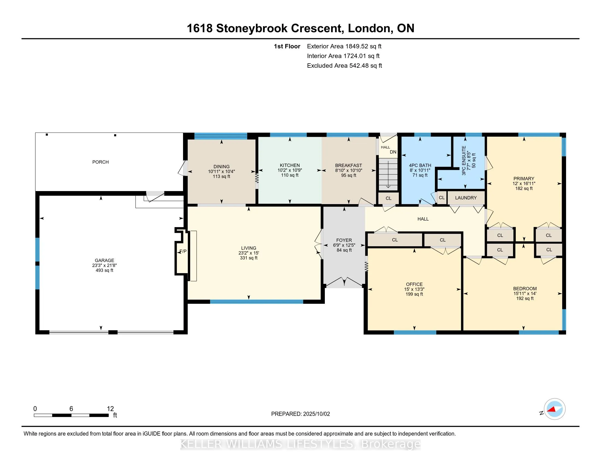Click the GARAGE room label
pos(104,260)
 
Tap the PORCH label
pos(101,162)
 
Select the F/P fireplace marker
pos(183,251)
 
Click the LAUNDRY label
pos(466,198)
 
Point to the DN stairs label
pos(393,152)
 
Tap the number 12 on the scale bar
pos(110,409)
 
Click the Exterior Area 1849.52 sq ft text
pos(344,46)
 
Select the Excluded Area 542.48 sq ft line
pos(344,66)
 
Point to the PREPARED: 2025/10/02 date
pos(300,414)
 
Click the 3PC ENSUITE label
pos(464,160)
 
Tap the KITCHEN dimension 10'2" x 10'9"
pos(290,170)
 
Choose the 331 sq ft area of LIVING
pos(249,258)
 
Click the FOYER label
pos(344,240)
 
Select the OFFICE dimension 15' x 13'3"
pos(414,289)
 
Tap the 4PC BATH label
pos(420,165)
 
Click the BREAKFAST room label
pos(348,165)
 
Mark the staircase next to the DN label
pos(388,174)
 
